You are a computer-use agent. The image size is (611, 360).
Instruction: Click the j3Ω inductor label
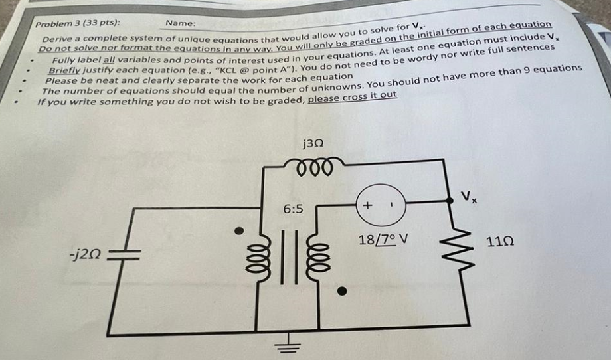pyautogui.click(x=313, y=145)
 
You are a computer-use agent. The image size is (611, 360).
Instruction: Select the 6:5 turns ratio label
pyautogui.click(x=293, y=209)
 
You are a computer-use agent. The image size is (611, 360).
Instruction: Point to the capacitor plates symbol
pyautogui.click(x=124, y=255)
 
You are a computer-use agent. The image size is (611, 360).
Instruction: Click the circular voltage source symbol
pyautogui.click(x=381, y=205)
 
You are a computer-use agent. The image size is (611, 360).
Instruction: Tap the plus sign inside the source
pyautogui.click(x=367, y=205)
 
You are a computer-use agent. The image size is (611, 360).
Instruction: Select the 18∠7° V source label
pyautogui.click(x=383, y=239)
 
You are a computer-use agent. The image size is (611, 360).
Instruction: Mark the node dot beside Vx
pyautogui.click(x=450, y=201)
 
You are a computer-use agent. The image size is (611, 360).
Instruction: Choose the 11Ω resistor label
pyautogui.click(x=500, y=242)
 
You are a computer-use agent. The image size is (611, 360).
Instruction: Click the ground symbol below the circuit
pyautogui.click(x=288, y=345)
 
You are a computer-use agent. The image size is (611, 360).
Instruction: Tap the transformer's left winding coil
pyautogui.click(x=258, y=257)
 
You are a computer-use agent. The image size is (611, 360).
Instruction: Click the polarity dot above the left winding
pyautogui.click(x=239, y=231)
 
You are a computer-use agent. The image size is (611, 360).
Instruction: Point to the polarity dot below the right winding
pyautogui.click(x=342, y=291)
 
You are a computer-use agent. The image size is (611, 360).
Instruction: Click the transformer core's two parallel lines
pyautogui.click(x=289, y=257)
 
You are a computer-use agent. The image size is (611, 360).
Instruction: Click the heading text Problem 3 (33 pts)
pyautogui.click(x=78, y=23)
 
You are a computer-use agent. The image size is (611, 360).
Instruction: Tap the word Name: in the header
pyautogui.click(x=181, y=23)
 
